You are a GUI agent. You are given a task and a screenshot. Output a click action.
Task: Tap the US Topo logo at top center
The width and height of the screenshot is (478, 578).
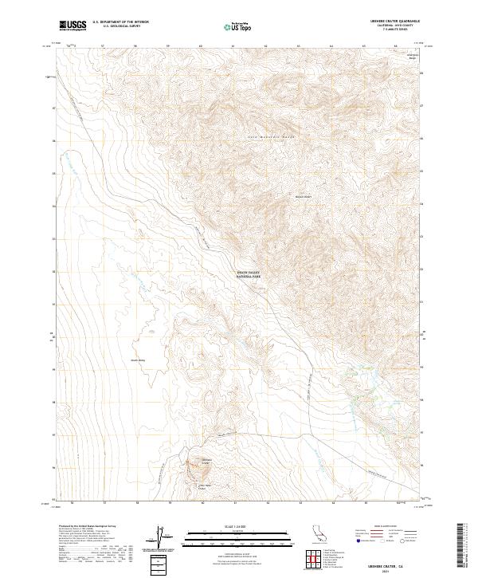pos(241,26)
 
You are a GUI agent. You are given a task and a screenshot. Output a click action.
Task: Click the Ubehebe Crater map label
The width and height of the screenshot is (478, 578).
pos(206,461)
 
